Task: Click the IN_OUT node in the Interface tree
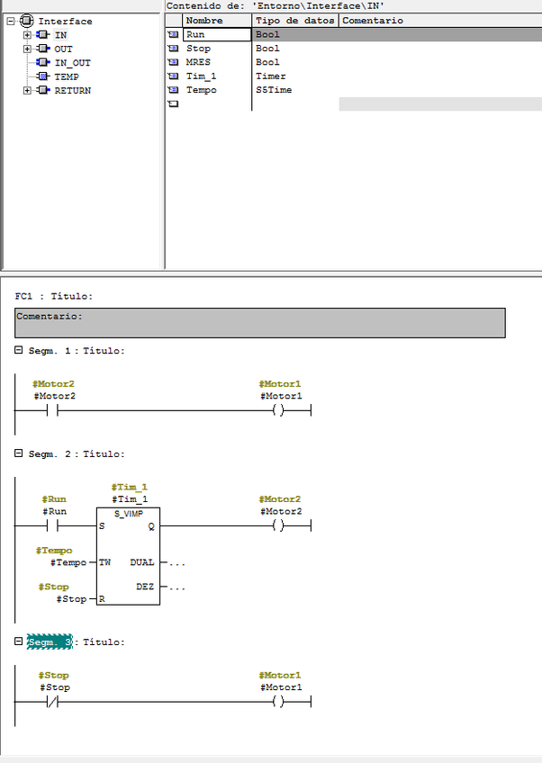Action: click(72, 63)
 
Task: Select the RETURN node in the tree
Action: click(72, 91)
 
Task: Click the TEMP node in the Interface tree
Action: click(67, 77)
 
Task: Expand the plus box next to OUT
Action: click(27, 49)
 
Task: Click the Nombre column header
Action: click(203, 20)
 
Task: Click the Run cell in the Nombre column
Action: click(195, 34)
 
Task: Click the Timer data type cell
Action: click(270, 76)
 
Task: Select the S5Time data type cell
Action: click(273, 90)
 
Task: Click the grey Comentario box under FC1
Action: click(260, 322)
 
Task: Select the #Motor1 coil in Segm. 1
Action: click(281, 411)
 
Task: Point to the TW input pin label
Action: click(105, 562)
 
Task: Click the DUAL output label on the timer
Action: click(142, 562)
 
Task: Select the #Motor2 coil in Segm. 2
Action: click(281, 526)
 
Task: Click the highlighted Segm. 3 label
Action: click(49, 642)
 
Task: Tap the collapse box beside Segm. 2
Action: click(19, 454)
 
